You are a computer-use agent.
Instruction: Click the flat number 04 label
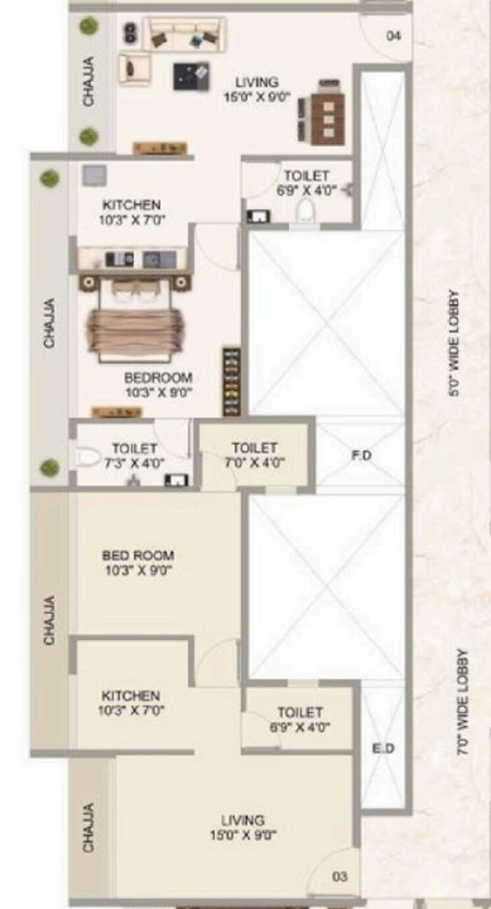(393, 36)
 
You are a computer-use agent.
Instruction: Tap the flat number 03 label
(340, 876)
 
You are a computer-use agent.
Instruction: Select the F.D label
(361, 455)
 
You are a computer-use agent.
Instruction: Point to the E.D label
(383, 749)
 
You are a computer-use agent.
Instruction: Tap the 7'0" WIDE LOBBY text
(463, 703)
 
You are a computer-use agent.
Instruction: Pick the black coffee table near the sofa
(191, 76)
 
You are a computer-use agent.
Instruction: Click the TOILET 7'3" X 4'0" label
(134, 455)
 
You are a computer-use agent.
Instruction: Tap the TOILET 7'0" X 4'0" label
(254, 455)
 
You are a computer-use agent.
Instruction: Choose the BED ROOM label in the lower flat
(138, 562)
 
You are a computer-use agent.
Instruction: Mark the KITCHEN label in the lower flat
(130, 703)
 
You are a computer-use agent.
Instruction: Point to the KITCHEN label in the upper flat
(131, 212)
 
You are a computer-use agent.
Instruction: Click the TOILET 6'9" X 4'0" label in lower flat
(300, 720)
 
